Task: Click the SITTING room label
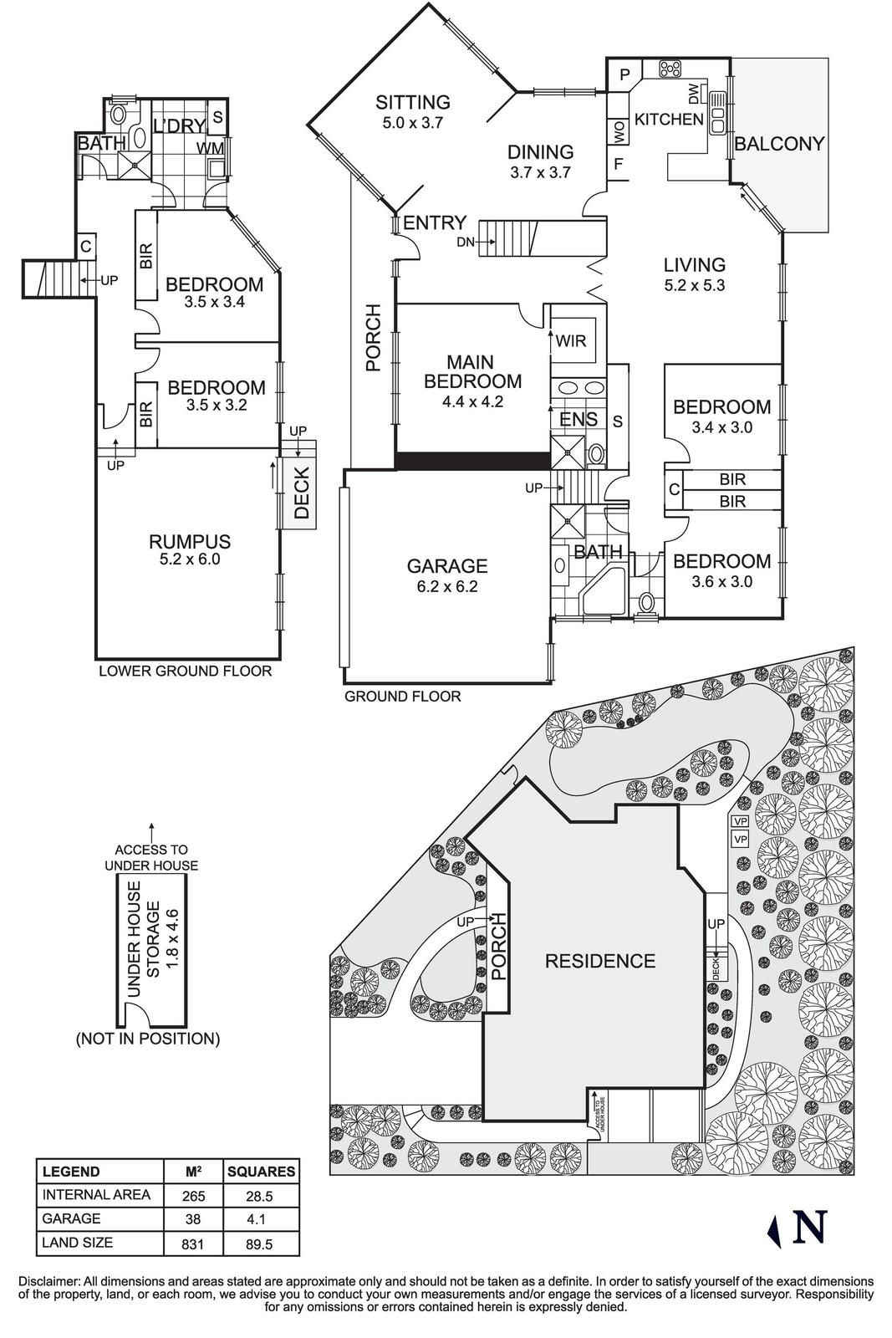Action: (412, 103)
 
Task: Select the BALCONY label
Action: (779, 144)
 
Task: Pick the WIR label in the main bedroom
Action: (571, 341)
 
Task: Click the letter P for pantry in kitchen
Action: (624, 75)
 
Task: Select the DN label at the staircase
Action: (466, 243)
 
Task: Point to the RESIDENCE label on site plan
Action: (599, 961)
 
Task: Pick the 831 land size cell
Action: (192, 1244)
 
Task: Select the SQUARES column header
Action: (261, 1172)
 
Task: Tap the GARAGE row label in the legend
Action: (71, 1218)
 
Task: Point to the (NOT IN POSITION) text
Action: (147, 1039)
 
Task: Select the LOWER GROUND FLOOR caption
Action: (185, 671)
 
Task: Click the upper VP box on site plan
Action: (740, 821)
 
